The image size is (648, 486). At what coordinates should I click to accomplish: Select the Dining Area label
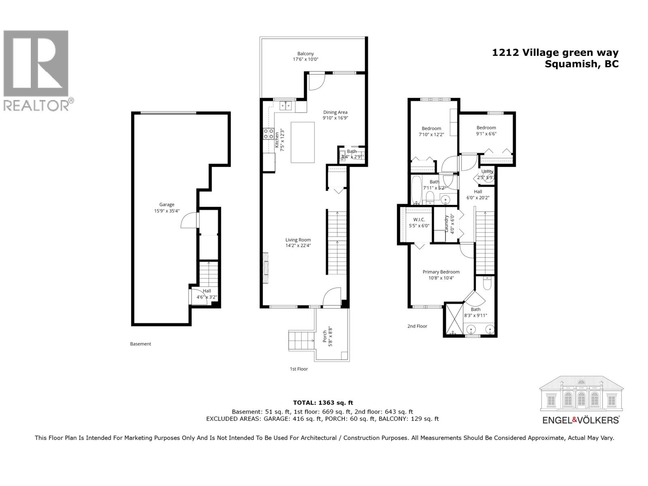tap(335, 115)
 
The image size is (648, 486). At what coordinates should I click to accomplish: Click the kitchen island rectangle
tap(303, 142)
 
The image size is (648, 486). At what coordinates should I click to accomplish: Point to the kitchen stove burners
tap(268, 133)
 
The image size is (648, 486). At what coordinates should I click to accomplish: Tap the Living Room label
tap(298, 242)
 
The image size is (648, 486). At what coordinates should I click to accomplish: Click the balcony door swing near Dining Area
tap(316, 82)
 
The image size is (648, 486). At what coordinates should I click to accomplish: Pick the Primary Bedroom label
tap(441, 275)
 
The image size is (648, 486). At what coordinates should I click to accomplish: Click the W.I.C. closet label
tap(419, 222)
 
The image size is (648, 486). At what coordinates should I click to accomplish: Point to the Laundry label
tap(450, 223)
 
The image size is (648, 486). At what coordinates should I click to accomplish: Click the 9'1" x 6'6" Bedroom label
tap(486, 130)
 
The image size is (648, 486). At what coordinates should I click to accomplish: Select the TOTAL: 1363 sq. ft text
tap(323, 403)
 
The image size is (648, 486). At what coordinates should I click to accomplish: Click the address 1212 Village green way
tap(555, 52)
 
